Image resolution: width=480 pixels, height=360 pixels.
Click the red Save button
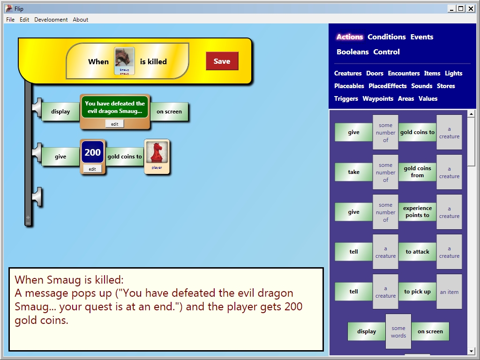tap(222, 61)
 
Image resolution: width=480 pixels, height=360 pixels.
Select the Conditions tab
tap(387, 37)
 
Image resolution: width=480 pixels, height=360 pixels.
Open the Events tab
tap(422, 37)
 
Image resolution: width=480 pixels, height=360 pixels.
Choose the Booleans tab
tap(352, 52)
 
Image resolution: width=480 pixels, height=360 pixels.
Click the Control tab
tap(387, 52)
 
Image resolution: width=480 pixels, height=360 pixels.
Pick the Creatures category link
tap(348, 74)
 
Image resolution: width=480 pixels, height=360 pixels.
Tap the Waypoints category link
tap(378, 98)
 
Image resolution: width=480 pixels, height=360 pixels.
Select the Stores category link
tap(446, 86)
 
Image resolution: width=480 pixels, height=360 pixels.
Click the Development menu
tap(51, 20)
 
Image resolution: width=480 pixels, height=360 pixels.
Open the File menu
tap(10, 20)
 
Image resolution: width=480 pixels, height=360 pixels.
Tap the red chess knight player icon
tap(157, 153)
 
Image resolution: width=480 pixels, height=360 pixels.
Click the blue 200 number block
tap(92, 152)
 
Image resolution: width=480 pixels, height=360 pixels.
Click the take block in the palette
tap(353, 172)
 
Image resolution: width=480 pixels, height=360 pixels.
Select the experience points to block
tap(417, 212)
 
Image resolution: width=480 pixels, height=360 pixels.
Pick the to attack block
tap(417, 252)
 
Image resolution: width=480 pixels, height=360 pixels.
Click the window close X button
tap(471, 8)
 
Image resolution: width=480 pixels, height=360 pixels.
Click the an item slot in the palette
tap(449, 292)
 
